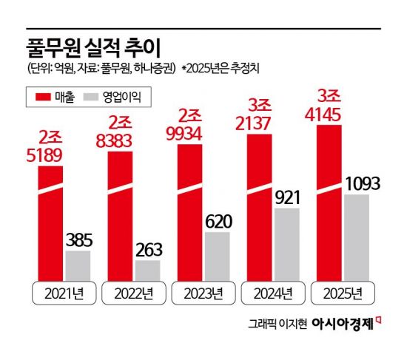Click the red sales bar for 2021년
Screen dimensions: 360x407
(50, 222)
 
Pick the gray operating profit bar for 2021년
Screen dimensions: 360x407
(78, 265)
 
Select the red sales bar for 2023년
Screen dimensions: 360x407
(190, 211)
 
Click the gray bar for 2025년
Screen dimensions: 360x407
(357, 237)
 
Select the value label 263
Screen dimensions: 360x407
(147, 248)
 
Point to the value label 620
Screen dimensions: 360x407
(218, 220)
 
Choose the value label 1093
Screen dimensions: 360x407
(357, 182)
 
